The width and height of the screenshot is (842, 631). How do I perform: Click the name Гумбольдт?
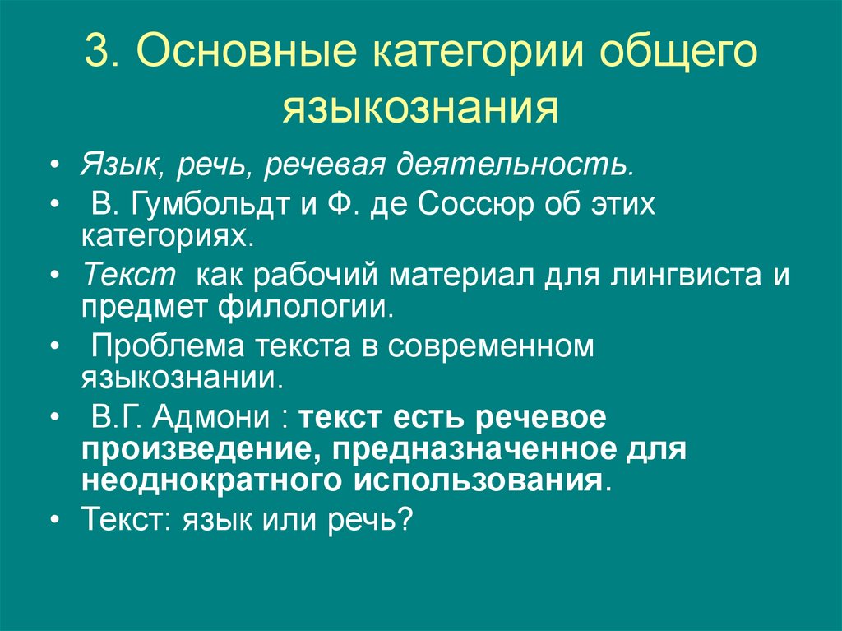pos(205,204)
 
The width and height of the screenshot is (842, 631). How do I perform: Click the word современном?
pos(490,346)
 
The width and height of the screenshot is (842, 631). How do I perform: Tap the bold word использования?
pos(480,480)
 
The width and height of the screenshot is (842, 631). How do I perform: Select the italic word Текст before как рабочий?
pos(129,275)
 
